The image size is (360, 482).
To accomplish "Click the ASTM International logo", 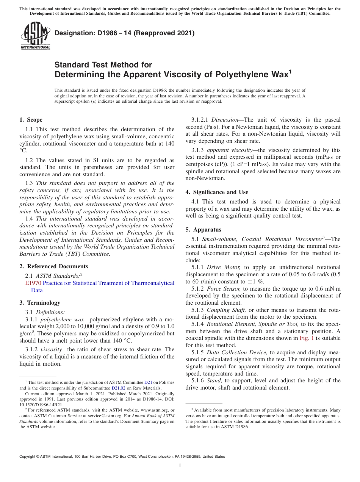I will pos(35,36).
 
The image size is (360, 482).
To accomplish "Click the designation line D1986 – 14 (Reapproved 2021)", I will pos(124,33).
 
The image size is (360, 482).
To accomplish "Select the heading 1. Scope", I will pos(31,120).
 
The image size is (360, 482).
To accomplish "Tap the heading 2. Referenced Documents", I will pos(53,266).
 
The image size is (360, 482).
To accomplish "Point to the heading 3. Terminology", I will pos(40,303).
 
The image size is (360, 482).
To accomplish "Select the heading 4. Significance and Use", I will pos(217,192).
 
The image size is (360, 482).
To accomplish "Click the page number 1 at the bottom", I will pos(180,466).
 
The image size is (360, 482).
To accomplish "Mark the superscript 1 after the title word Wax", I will pos(291,71).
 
